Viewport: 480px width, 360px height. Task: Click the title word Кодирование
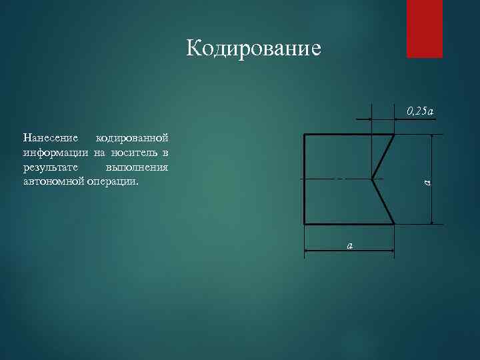pyautogui.click(x=253, y=48)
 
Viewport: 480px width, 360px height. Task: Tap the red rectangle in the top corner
pyautogui.click(x=425, y=29)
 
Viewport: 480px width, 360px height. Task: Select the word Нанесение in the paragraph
pyautogui.click(x=50, y=139)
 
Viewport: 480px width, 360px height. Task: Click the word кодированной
pyautogui.click(x=132, y=139)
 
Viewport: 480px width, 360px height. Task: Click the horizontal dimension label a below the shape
pyautogui.click(x=349, y=245)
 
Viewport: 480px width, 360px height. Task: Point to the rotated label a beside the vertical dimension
pyautogui.click(x=427, y=179)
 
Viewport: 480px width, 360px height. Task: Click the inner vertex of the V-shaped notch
pyautogui.click(x=371, y=179)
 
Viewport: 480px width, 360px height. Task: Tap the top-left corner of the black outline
pyautogui.click(x=304, y=135)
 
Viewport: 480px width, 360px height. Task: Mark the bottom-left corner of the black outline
pyautogui.click(x=304, y=224)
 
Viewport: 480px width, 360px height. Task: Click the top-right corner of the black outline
pyautogui.click(x=394, y=135)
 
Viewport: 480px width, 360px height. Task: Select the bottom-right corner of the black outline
pyautogui.click(x=394, y=224)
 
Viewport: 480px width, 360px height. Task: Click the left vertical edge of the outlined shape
pyautogui.click(x=304, y=179)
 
